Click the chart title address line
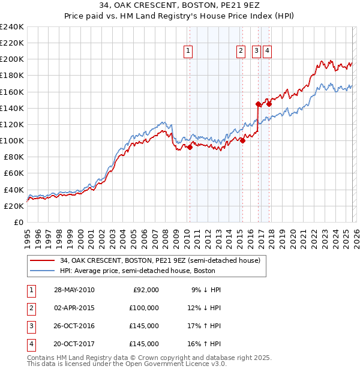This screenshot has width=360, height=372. coord(179,5)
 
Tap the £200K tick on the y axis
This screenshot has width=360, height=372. coord(11,59)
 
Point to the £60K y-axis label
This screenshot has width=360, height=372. coord(14,173)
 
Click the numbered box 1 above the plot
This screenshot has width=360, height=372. coord(188,52)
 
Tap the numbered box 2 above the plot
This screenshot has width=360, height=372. coord(241,52)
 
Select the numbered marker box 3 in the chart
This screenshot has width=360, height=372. coord(256,52)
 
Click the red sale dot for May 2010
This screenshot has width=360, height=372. coord(190,147)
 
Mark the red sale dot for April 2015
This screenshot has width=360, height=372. coord(243,141)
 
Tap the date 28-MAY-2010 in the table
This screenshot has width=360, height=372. coord(74,290)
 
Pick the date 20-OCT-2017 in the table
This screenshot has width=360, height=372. coord(74,344)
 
